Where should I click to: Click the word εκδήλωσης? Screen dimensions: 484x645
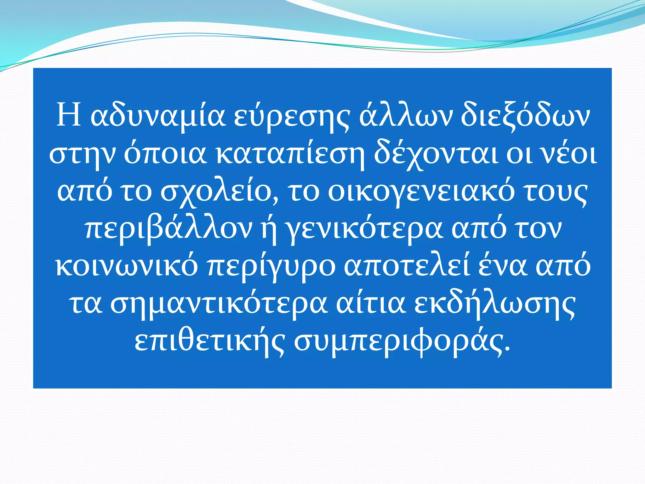coord(495,304)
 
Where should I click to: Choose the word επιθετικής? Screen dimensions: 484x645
coord(210,342)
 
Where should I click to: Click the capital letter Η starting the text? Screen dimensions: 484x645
coord(68,115)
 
